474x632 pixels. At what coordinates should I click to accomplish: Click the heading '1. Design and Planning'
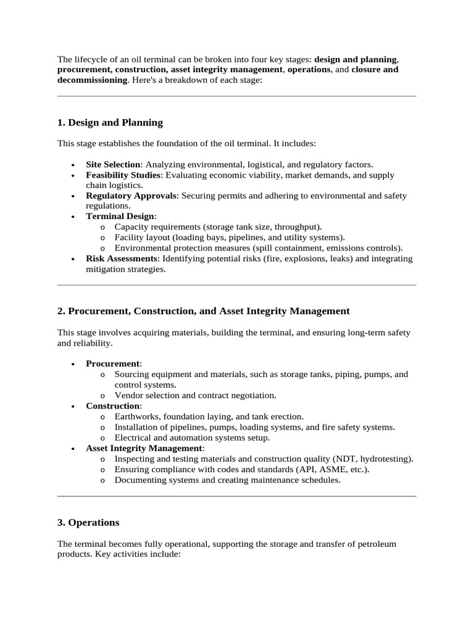110,123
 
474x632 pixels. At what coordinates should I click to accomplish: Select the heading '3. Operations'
88,523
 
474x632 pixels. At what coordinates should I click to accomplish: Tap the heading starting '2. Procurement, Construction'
203,311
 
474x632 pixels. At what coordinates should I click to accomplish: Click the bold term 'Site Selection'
113,165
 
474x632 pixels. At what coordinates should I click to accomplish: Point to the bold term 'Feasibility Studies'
123,175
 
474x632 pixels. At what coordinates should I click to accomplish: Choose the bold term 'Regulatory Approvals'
131,196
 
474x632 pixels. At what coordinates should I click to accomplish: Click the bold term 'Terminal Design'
120,217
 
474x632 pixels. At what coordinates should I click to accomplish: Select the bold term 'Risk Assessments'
122,259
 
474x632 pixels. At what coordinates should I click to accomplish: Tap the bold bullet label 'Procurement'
112,364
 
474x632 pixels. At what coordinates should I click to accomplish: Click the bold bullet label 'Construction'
113,406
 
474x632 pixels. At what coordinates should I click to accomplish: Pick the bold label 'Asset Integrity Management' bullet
144,448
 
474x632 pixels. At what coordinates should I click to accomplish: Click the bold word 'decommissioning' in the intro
92,80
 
